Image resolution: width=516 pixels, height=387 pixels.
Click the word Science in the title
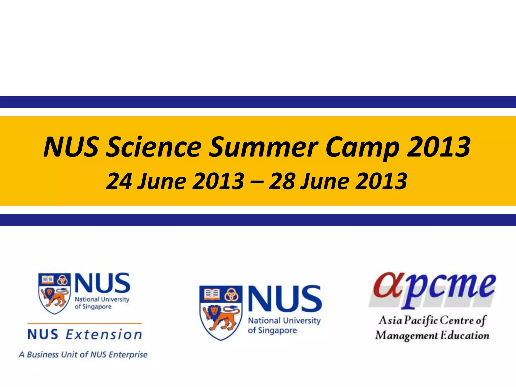point(154,147)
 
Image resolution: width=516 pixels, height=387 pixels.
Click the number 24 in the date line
point(119,181)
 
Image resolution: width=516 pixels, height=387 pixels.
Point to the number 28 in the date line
point(282,181)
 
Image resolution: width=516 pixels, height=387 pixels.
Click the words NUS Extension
point(85,335)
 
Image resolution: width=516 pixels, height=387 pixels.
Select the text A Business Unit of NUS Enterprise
point(83,354)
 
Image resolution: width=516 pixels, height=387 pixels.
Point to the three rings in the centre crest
point(231,294)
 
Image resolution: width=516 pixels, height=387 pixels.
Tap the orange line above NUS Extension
point(85,323)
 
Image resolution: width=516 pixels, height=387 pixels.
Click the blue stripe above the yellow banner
point(258,102)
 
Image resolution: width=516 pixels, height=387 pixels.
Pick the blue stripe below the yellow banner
point(258,220)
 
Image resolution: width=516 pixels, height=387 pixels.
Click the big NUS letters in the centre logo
point(285,298)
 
